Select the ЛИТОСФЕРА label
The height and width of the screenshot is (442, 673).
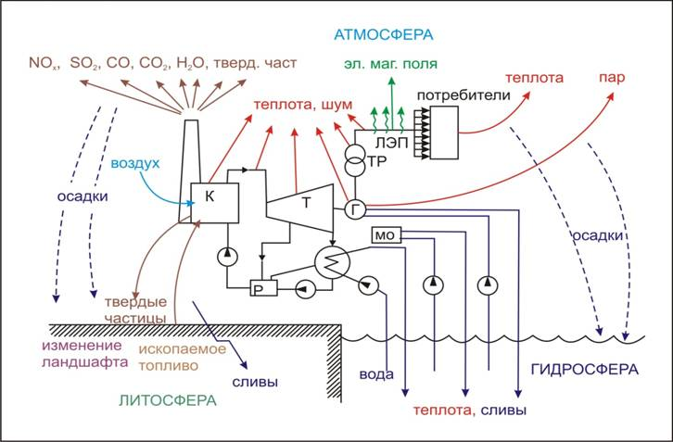pyautogui.click(x=167, y=400)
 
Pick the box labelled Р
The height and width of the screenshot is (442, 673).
pyautogui.click(x=259, y=290)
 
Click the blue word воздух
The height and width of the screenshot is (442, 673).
pyautogui.click(x=137, y=163)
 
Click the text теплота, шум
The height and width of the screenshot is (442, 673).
pyautogui.click(x=299, y=105)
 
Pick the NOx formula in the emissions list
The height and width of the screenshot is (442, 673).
pyautogui.click(x=42, y=65)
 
